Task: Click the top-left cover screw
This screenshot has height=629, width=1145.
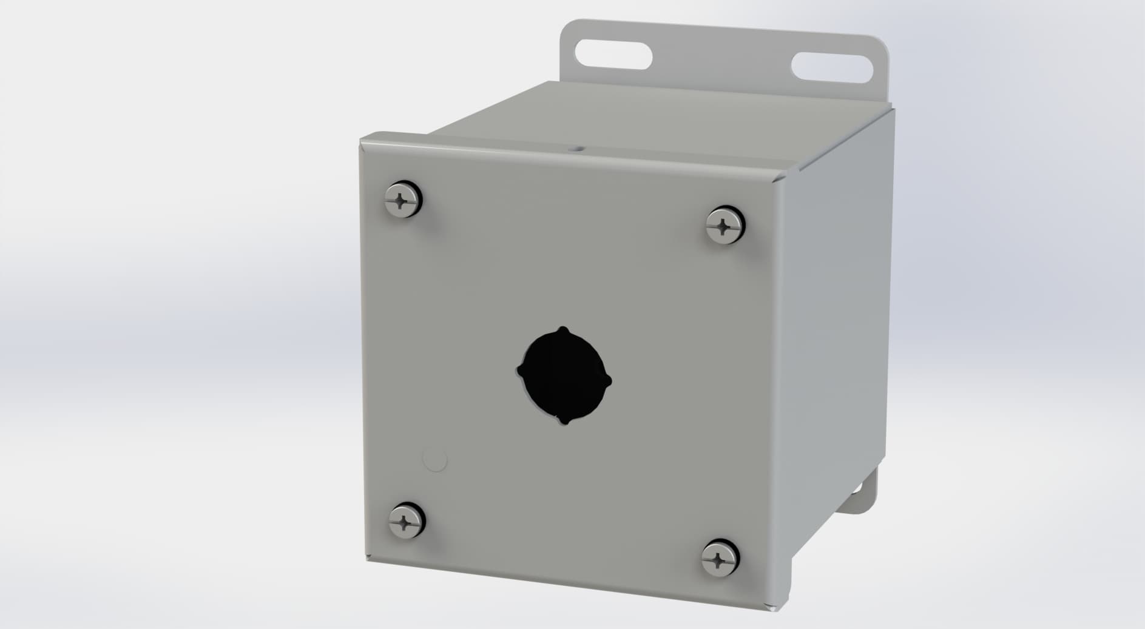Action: click(x=404, y=198)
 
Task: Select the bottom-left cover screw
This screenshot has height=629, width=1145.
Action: click(x=407, y=520)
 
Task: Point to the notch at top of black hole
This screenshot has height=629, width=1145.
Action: click(x=564, y=329)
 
